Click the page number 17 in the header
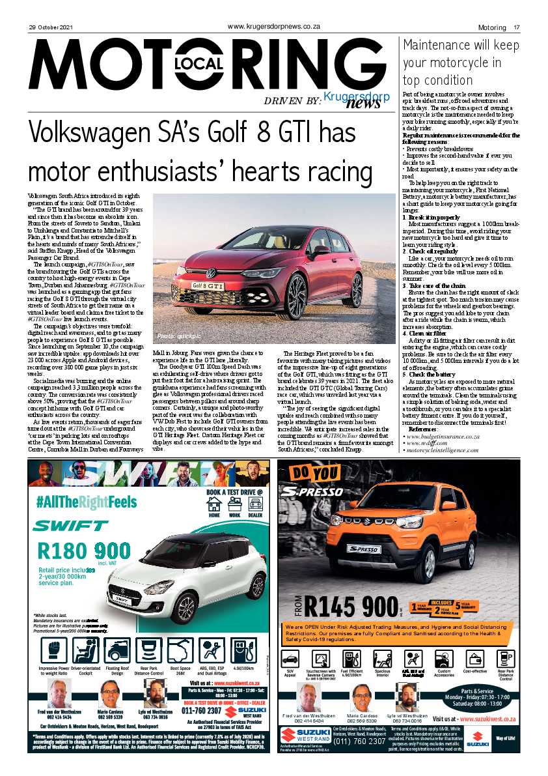516,27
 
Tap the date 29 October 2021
49,27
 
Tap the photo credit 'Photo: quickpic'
176,336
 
